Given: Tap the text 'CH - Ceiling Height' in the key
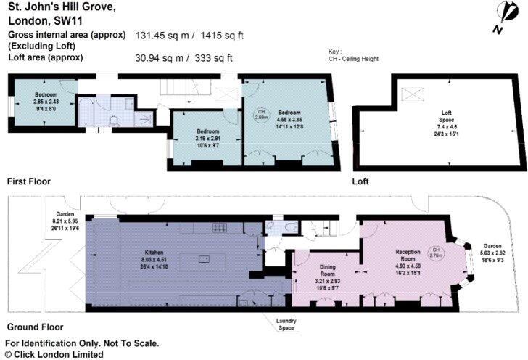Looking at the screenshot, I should [353, 59].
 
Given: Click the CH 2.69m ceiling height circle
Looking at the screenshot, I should [260, 114].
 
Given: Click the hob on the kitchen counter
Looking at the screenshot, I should [218, 228].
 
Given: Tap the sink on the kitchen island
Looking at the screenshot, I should [205, 258].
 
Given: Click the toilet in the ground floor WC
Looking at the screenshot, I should [288, 227].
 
